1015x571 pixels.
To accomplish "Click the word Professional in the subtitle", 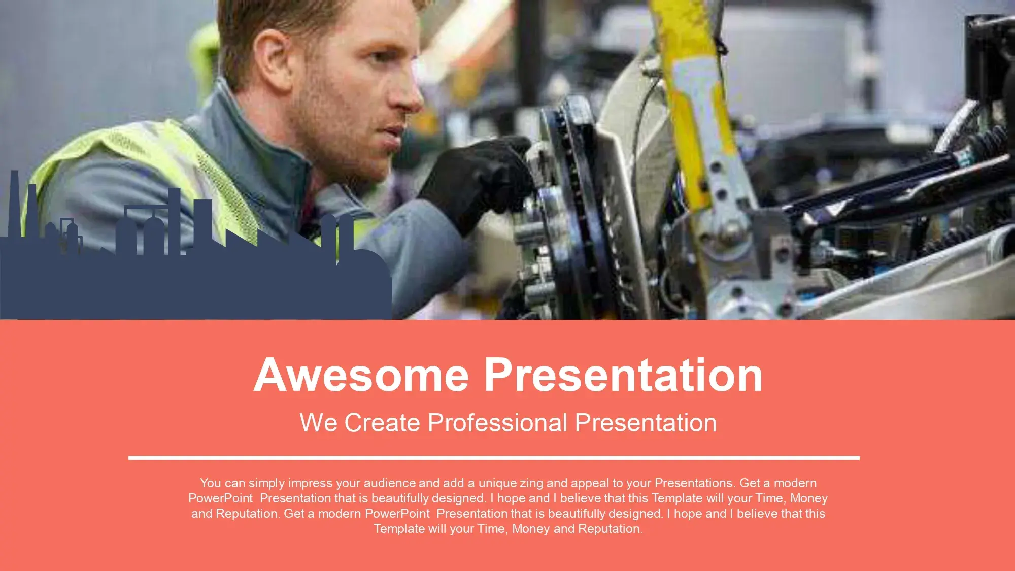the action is pyautogui.click(x=497, y=423).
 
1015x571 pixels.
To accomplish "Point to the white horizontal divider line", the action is pyautogui.click(x=494, y=458).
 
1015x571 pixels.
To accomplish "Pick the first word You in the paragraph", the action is pyautogui.click(x=210, y=483).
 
